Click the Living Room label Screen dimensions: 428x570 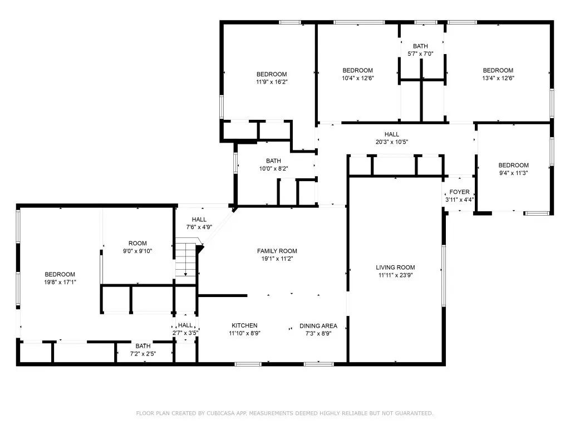pyautogui.click(x=395, y=267)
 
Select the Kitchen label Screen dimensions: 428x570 pyautogui.click(x=244, y=325)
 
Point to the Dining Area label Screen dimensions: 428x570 pyautogui.click(x=318, y=326)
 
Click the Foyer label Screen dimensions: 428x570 pyautogui.click(x=459, y=192)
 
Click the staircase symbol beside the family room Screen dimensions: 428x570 pyautogui.click(x=186, y=259)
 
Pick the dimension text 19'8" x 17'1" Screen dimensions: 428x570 pyautogui.click(x=60, y=282)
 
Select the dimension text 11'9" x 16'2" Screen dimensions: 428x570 pyautogui.click(x=272, y=81)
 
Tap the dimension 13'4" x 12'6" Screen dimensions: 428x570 pyautogui.click(x=498, y=78)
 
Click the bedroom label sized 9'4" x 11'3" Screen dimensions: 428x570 pyautogui.click(x=513, y=165)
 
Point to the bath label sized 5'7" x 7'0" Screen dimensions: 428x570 pyautogui.click(x=420, y=46)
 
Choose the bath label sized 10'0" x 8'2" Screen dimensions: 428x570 pyautogui.click(x=273, y=161)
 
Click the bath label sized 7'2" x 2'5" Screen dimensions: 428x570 pyautogui.click(x=143, y=346)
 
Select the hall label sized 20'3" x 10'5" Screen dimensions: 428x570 pyautogui.click(x=392, y=134)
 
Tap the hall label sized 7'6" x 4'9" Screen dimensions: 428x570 pyautogui.click(x=199, y=220)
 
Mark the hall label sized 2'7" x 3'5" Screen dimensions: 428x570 pyautogui.click(x=185, y=325)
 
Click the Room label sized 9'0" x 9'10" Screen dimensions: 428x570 pyautogui.click(x=137, y=243)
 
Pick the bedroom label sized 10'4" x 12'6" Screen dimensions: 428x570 pyautogui.click(x=357, y=70)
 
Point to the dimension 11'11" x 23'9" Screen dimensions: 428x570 pyautogui.click(x=395, y=275)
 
